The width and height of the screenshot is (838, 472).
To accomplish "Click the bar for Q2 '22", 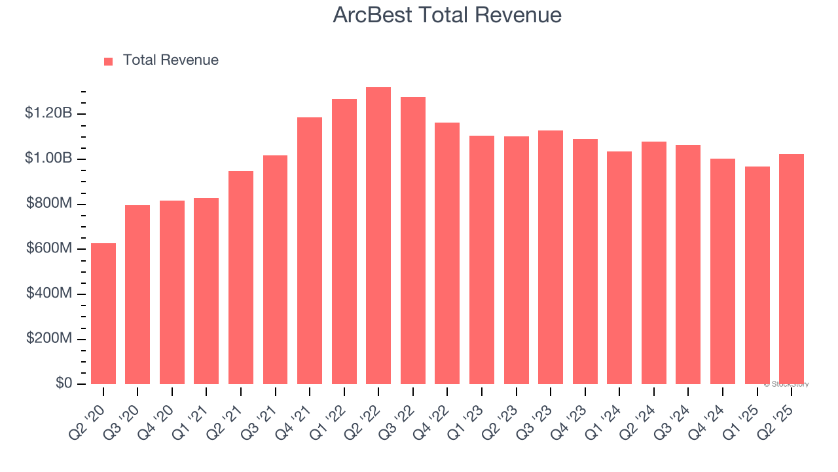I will coord(378,236).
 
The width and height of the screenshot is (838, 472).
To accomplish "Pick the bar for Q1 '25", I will coord(757,275).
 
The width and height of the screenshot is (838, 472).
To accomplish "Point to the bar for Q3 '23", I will coord(551,257).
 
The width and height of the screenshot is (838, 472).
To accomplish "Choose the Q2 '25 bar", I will coord(792,269).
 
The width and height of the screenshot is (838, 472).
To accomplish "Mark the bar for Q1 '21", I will coord(206,291).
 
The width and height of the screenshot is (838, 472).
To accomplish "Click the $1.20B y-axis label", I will coord(48,113).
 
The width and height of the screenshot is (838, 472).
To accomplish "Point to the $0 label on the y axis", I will coord(62,383).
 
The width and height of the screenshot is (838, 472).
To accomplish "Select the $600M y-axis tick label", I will coord(48,248).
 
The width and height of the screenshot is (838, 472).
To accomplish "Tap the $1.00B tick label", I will coord(48,159).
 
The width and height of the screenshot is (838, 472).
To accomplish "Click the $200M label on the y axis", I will coord(48,339).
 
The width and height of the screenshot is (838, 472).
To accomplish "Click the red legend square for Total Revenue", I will coord(109,61).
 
